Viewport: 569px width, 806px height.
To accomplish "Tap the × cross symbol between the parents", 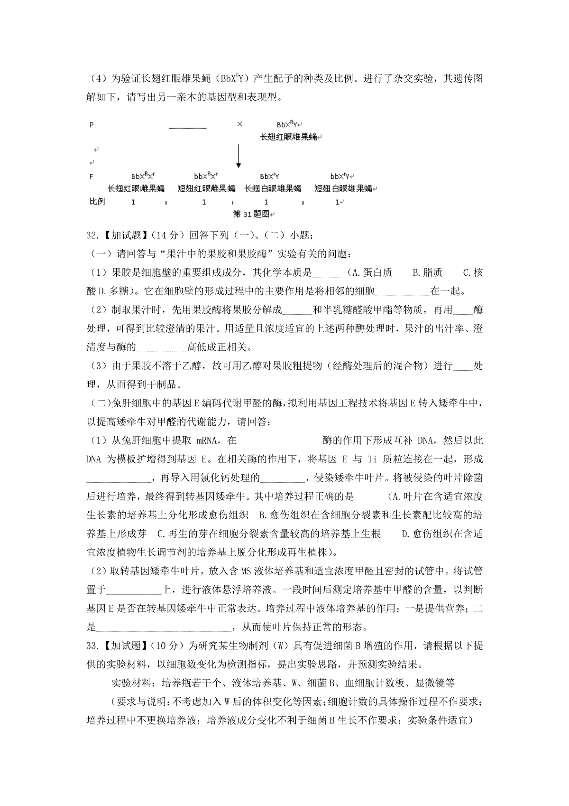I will (239, 124).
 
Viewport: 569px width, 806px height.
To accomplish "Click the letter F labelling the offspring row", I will (92, 177).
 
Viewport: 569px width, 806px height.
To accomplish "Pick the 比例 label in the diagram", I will (97, 202).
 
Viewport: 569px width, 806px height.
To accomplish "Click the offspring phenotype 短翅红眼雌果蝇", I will (206, 188).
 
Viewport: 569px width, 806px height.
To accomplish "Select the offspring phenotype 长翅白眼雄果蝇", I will (273, 188).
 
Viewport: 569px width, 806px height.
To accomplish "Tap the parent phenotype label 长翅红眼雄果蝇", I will (289, 137).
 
